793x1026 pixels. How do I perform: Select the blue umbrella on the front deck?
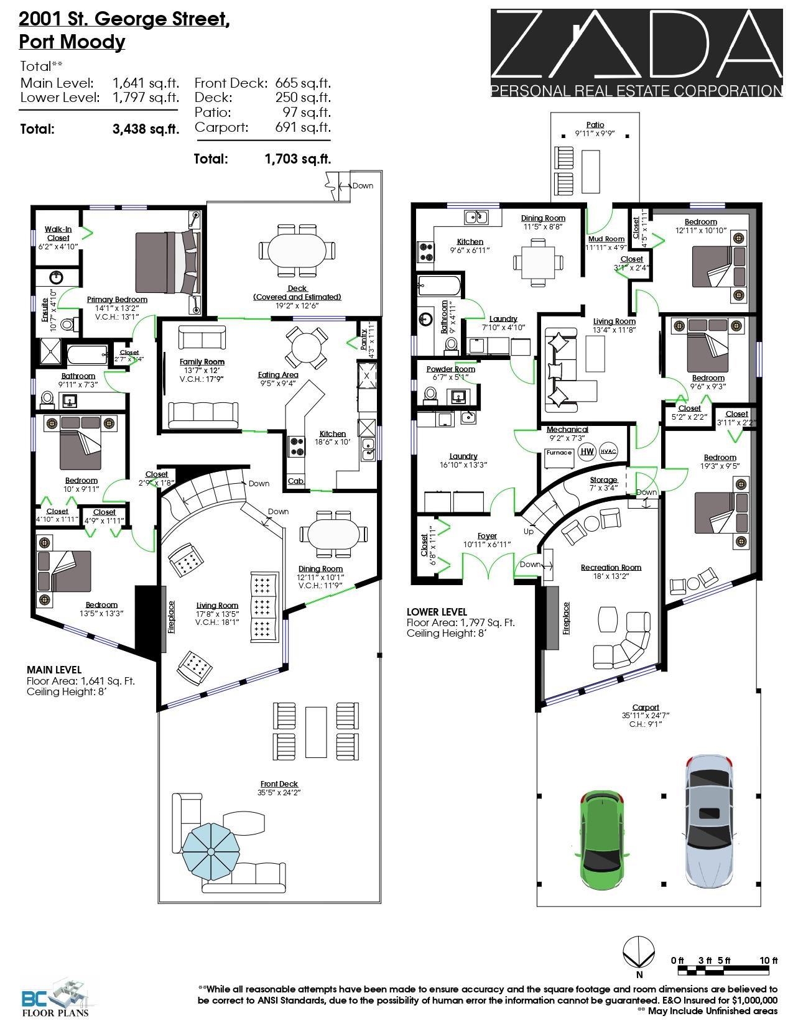(211, 852)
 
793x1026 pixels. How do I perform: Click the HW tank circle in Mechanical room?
(587, 451)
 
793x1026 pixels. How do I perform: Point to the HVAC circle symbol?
(608, 451)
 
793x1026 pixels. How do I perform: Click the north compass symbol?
(639, 953)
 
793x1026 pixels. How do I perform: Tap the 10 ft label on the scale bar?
(768, 960)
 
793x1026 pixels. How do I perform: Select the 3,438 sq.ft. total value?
(146, 129)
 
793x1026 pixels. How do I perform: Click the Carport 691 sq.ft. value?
(303, 127)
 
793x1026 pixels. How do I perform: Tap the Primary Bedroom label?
(117, 299)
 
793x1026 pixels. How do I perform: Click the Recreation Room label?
(611, 567)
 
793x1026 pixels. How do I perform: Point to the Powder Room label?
(450, 369)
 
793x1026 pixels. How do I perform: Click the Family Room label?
(202, 361)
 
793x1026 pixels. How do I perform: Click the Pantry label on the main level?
(363, 339)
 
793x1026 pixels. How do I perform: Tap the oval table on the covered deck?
(297, 250)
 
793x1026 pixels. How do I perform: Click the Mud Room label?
(606, 239)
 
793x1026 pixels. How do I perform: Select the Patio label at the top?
(595, 124)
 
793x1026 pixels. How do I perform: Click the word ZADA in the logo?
(636, 45)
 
